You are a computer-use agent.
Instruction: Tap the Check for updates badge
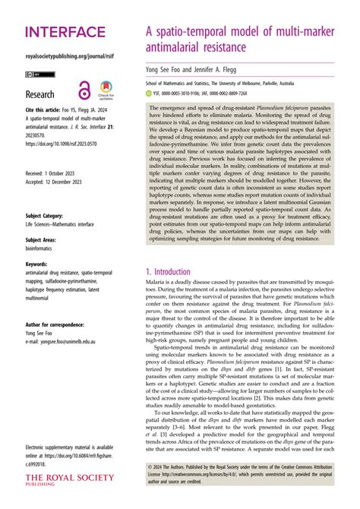coord(105,89)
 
